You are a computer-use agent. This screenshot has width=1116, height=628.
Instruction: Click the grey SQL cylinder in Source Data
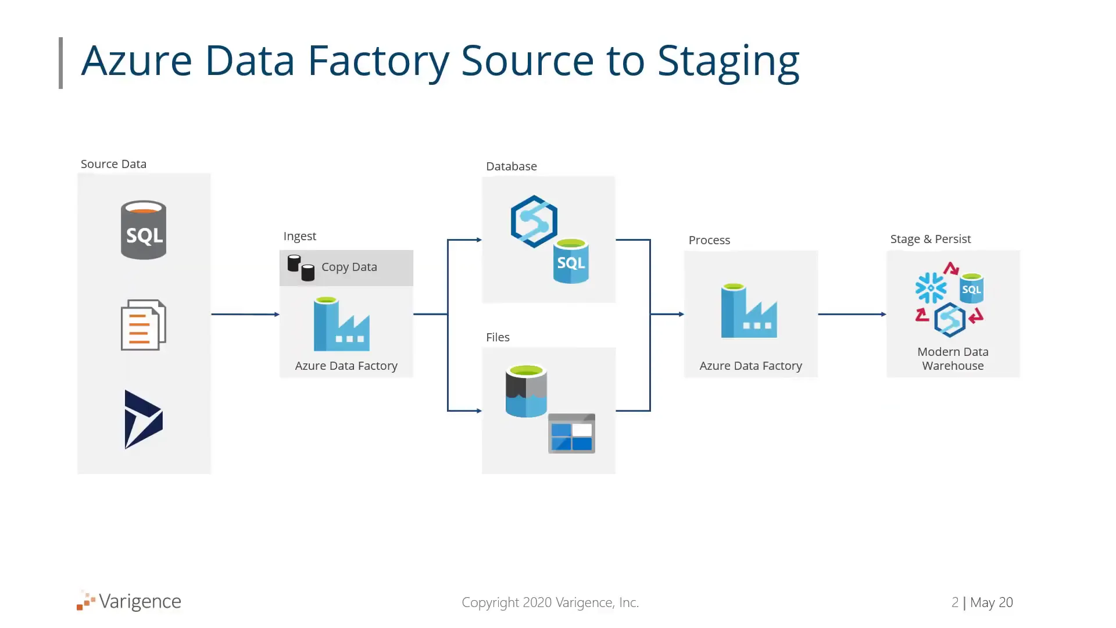point(144,230)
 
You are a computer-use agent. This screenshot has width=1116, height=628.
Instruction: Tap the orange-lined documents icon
point(144,325)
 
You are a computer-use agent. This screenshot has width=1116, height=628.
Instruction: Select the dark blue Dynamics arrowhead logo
point(144,419)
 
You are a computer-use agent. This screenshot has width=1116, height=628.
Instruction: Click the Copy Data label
point(349,267)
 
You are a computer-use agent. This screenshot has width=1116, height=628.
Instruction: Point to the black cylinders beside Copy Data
point(301,268)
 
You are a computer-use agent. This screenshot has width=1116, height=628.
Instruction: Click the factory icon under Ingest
point(342,324)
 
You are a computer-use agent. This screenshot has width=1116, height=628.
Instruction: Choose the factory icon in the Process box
point(749,311)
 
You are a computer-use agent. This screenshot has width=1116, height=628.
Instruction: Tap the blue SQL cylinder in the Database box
point(571,261)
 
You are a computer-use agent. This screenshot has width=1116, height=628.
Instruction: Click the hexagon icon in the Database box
point(534,222)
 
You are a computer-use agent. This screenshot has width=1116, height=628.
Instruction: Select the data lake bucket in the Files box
point(526,391)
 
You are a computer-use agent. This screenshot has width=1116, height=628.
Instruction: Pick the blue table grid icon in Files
point(572,433)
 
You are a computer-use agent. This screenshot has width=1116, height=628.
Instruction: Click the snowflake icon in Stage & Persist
point(931,288)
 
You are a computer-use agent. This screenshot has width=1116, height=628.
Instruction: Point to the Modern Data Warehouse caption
point(953,359)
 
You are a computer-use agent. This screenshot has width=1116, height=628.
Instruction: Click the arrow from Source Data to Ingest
point(245,315)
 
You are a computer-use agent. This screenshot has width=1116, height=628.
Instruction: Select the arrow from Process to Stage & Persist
point(852,315)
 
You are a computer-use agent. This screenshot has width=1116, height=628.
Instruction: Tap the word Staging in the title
point(729,62)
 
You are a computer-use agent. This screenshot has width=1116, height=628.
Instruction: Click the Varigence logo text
point(140,602)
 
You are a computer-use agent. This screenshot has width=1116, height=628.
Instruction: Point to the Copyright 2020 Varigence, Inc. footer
point(550,602)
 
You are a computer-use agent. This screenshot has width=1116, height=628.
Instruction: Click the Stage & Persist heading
point(931,239)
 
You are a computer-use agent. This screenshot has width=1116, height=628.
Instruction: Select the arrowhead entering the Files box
point(479,411)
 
